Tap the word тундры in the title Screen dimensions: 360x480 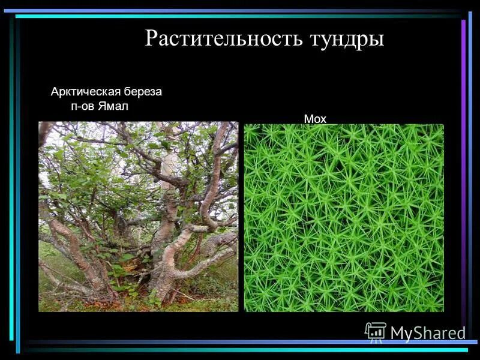tap(346, 39)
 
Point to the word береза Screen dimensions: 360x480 tap(142, 92)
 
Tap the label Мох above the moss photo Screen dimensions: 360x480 tap(315, 119)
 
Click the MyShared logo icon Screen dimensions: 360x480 tap(376, 331)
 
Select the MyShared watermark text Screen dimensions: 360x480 tap(428, 333)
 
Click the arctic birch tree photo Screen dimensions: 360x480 tap(138, 216)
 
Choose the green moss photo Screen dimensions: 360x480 tap(344, 218)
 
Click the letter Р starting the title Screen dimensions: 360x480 tap(151, 39)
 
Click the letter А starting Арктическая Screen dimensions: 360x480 tap(55, 92)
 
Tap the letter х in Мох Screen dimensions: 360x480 tap(323, 119)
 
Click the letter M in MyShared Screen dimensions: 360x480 tap(397, 333)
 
